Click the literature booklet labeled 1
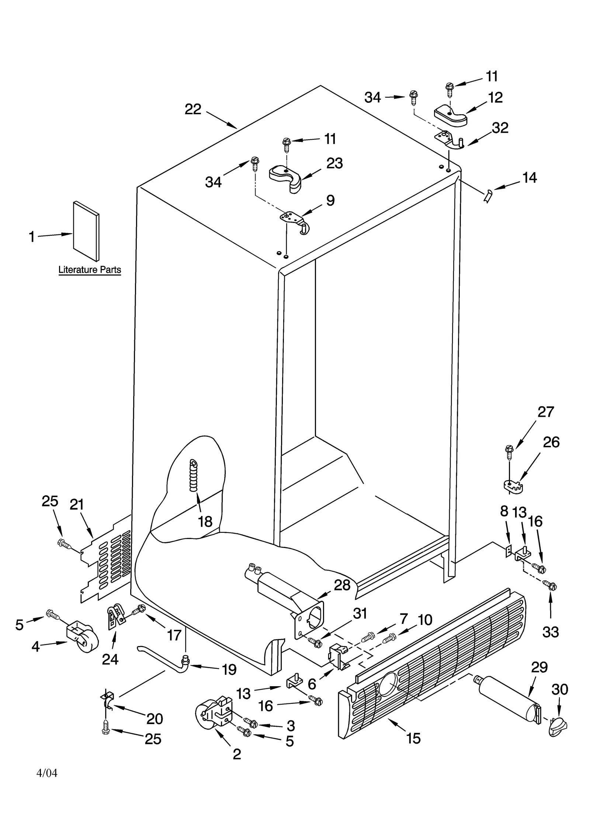pos(86,231)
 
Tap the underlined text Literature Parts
pos(90,270)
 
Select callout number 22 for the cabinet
pos(193,109)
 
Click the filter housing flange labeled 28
pos(310,619)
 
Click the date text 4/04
pos(47,773)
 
